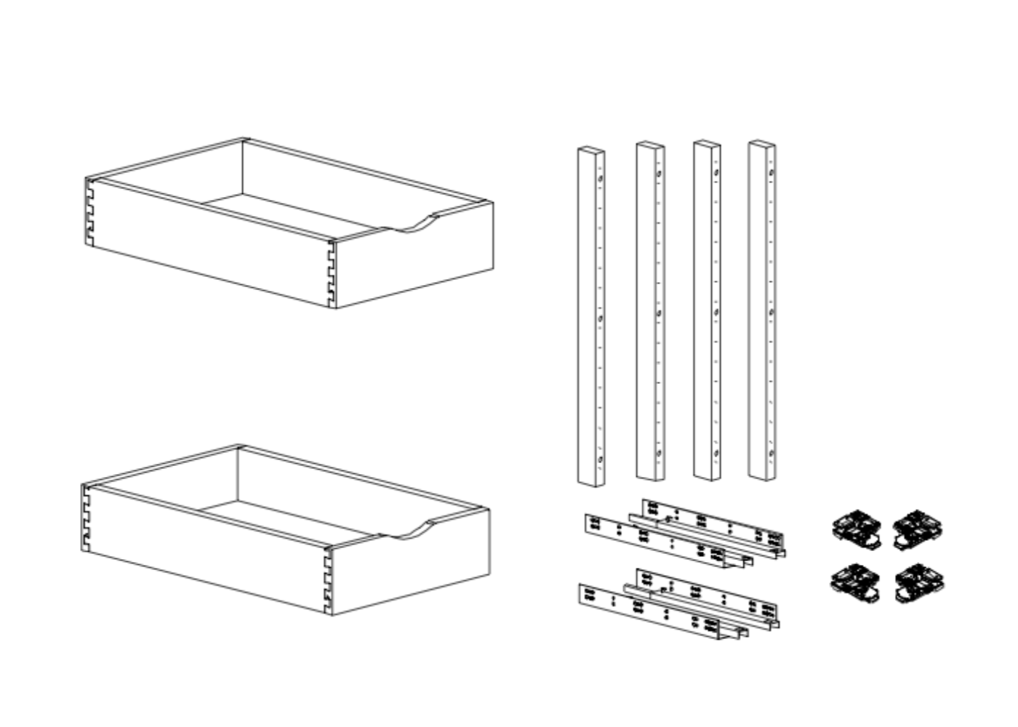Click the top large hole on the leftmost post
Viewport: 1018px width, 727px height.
click(600, 179)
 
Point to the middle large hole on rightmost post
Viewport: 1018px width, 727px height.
click(771, 313)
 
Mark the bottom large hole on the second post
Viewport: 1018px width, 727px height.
click(659, 453)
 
